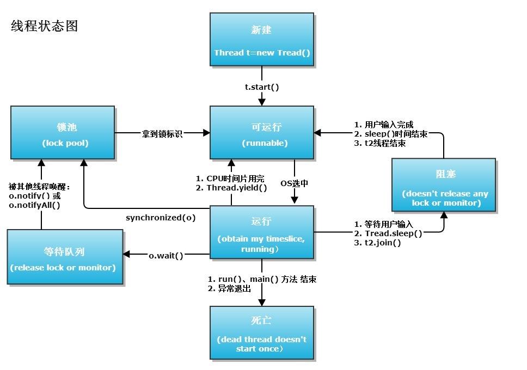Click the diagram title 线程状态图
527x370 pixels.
(45, 26)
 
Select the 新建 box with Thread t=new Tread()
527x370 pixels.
(262, 40)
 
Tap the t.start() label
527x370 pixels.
(262, 87)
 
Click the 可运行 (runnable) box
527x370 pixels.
(262, 133)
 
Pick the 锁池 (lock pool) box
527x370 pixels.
(63, 133)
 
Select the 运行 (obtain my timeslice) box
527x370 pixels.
(262, 232)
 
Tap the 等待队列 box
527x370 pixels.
(64, 257)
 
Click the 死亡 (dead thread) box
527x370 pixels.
(262, 333)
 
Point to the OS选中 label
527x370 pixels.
(295, 183)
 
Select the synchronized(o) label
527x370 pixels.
(161, 218)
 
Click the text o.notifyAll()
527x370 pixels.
(34, 205)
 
